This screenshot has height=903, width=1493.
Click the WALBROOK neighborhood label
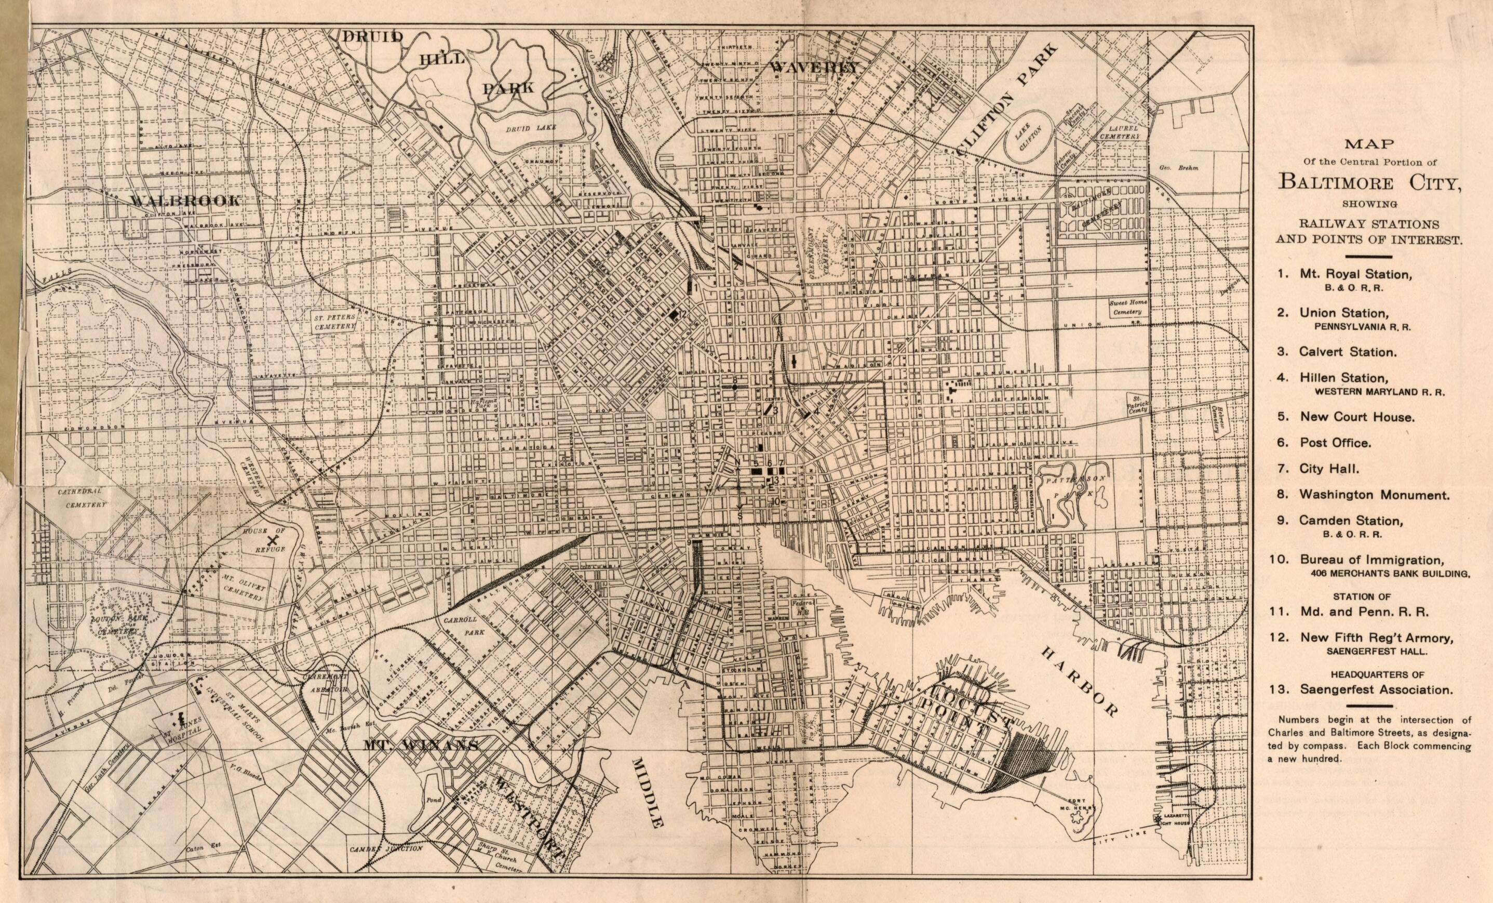tap(184, 200)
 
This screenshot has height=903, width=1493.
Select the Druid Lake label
tap(531, 128)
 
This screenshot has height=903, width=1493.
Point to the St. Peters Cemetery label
tap(334, 322)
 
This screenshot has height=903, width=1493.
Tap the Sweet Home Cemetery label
tap(1126, 307)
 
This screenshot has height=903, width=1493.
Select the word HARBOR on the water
tap(1079, 681)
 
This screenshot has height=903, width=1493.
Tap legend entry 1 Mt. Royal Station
tap(1355, 274)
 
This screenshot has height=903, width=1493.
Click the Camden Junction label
tap(385, 849)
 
